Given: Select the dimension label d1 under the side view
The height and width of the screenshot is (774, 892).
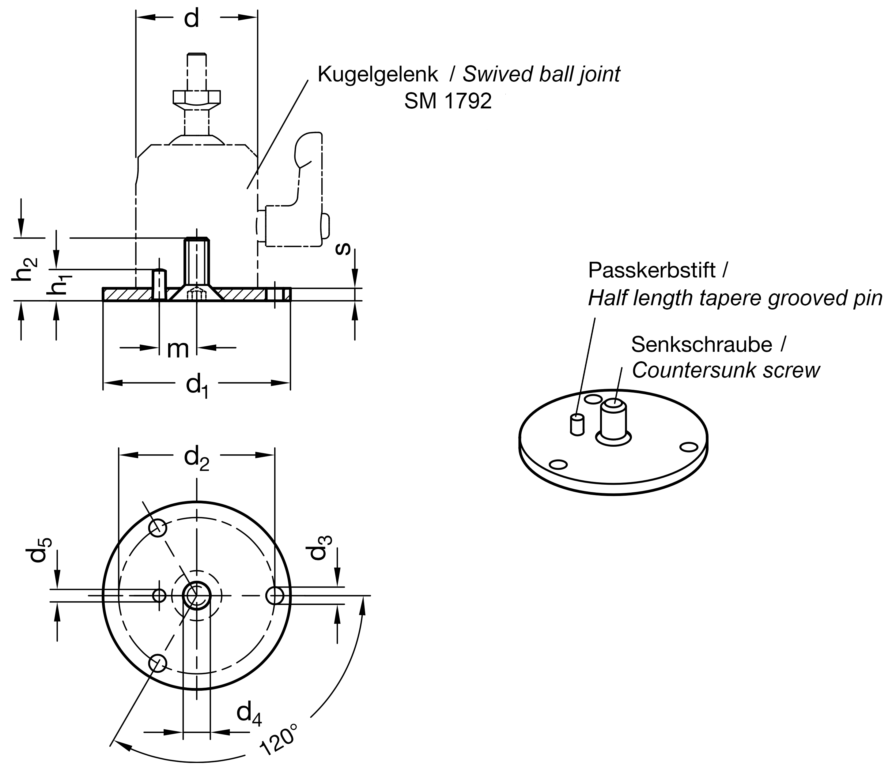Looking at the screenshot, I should point(197,385).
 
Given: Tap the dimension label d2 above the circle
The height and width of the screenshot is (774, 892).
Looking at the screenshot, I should point(197,459).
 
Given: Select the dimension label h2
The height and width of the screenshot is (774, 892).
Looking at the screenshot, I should point(25,269).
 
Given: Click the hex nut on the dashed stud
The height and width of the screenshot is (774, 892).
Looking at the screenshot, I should point(197,97).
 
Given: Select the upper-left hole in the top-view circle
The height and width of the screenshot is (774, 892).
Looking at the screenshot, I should point(158,528).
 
